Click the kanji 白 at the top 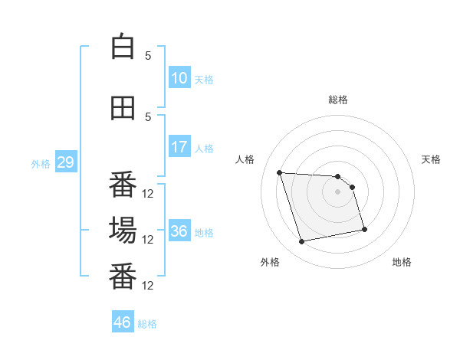[x=123, y=46]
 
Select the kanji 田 [x=123, y=108]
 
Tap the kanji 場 [x=123, y=231]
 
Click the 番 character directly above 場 [x=123, y=185]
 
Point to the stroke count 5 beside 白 [x=148, y=56]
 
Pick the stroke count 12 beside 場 [x=147, y=240]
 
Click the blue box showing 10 [x=179, y=77]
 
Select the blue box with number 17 [x=179, y=146]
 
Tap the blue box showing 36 [x=179, y=230]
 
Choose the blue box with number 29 [x=66, y=162]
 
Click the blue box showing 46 [x=123, y=321]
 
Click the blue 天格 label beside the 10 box [x=204, y=80]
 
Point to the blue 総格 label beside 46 [x=147, y=324]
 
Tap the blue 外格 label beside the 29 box [x=41, y=164]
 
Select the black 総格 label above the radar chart [x=338, y=100]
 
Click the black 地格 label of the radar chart [x=402, y=262]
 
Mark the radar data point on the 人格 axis [x=280, y=172]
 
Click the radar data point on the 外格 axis [x=301, y=241]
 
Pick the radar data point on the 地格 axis [x=364, y=229]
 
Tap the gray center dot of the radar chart [x=337, y=191]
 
